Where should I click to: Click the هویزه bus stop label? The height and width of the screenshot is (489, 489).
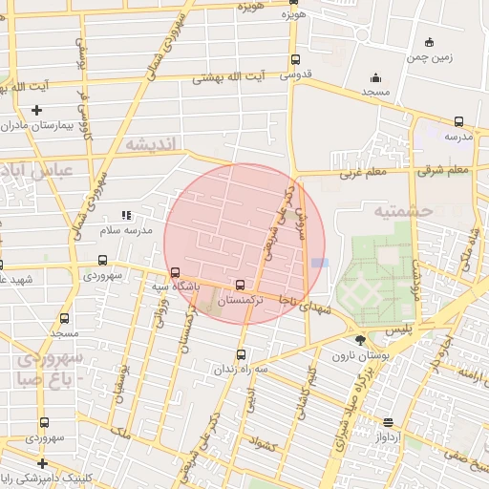click(x=293, y=16)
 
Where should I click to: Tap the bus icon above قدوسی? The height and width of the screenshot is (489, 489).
click(x=293, y=60)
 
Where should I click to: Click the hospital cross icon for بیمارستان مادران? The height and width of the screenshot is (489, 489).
click(x=37, y=110)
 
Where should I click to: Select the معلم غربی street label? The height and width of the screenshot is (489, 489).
click(x=360, y=174)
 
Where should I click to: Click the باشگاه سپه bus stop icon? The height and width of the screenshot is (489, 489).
click(x=173, y=272)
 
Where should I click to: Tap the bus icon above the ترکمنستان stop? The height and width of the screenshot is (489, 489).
click(x=239, y=285)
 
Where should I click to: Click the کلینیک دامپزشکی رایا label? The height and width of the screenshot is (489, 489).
click(x=43, y=479)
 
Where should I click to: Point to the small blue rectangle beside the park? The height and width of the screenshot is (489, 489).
click(x=319, y=263)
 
